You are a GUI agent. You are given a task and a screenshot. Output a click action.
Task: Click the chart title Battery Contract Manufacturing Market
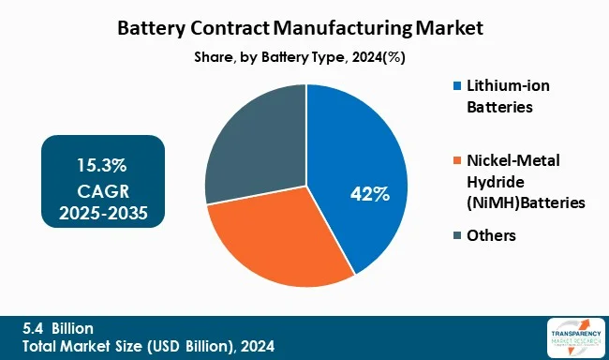pyautogui.click(x=304, y=28)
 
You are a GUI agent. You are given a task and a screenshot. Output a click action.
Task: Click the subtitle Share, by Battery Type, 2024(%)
pyautogui.click(x=304, y=57)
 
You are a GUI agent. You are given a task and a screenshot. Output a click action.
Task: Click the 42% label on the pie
pyautogui.click(x=369, y=195)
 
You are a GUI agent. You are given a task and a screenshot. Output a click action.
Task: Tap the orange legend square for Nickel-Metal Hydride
pyautogui.click(x=456, y=161)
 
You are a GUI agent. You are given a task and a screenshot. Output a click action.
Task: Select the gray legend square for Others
pyautogui.click(x=456, y=235)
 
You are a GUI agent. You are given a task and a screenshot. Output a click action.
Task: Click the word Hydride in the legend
pyautogui.click(x=494, y=181)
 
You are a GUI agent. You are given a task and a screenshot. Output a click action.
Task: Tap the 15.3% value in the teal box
pyautogui.click(x=102, y=165)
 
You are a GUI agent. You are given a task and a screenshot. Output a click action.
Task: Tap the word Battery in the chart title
pyautogui.click(x=152, y=28)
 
